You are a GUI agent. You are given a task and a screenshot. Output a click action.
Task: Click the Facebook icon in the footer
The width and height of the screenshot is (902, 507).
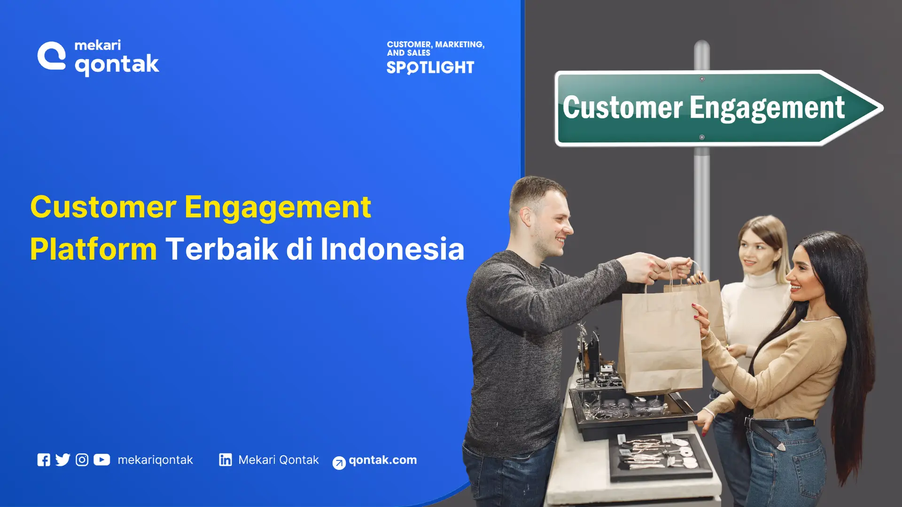pos(44,460)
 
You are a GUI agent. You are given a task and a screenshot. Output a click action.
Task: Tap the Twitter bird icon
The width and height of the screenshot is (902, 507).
pos(62,460)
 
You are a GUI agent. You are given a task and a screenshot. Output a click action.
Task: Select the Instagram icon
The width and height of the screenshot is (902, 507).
pos(82,460)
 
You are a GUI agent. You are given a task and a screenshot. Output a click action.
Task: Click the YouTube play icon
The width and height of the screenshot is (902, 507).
pos(101,460)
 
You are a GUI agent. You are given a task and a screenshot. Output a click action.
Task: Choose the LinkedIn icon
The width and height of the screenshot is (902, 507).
pos(225,460)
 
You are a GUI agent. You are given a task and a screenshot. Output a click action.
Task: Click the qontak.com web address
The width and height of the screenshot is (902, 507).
pos(382,460)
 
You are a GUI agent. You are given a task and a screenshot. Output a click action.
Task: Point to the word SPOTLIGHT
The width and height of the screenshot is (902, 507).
pos(430,68)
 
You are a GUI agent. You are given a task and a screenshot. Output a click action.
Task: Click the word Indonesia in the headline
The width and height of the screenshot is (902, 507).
pos(392,249)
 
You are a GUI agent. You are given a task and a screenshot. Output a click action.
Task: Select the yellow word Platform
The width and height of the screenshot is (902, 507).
pos(93,249)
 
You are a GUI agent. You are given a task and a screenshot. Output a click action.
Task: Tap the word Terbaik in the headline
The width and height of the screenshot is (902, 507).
pos(222,249)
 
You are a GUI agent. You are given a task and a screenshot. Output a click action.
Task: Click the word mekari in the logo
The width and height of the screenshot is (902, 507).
pos(98,45)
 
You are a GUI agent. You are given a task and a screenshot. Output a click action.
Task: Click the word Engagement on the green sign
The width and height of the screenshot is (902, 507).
pos(767,108)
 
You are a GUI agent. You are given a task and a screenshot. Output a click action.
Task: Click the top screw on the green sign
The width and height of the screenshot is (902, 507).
pos(702,79)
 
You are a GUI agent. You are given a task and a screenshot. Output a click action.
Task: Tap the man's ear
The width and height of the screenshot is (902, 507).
pos(525,217)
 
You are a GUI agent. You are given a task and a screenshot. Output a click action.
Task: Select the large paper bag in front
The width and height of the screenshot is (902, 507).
pos(660,343)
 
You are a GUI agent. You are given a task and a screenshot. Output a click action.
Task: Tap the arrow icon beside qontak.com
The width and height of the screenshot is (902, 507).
pos(339,463)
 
